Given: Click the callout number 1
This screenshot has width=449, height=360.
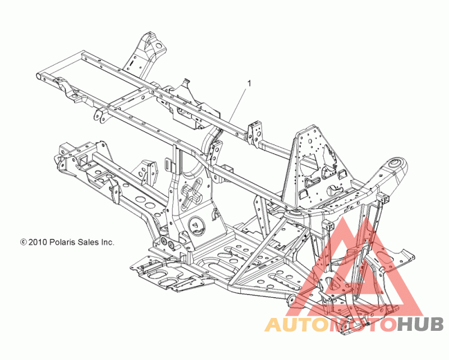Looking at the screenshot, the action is coord(249,84).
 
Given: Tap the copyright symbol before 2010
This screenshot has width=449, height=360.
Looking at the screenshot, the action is coord(23,242).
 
